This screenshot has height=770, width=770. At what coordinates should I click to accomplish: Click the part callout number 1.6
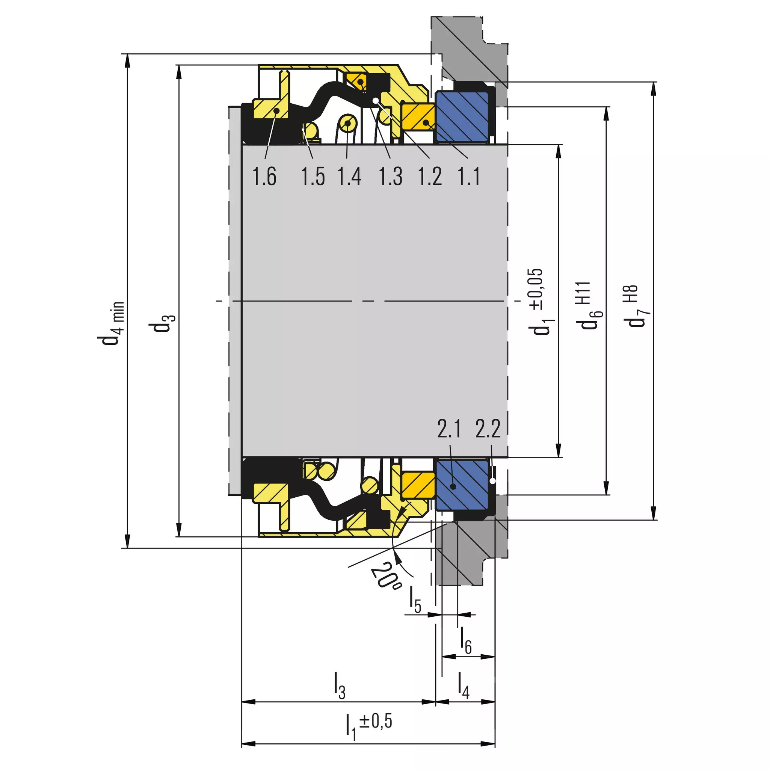(264, 176)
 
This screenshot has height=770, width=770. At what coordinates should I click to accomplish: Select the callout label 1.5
(313, 176)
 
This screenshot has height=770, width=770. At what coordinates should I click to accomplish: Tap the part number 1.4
(350, 176)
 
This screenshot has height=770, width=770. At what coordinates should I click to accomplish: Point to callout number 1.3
(390, 176)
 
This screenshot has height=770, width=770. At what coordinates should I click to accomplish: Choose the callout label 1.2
(430, 176)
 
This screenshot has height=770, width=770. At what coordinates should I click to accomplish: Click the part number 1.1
(469, 176)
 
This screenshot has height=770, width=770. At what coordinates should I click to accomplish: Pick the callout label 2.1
(449, 429)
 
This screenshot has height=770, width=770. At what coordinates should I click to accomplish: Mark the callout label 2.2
(488, 429)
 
